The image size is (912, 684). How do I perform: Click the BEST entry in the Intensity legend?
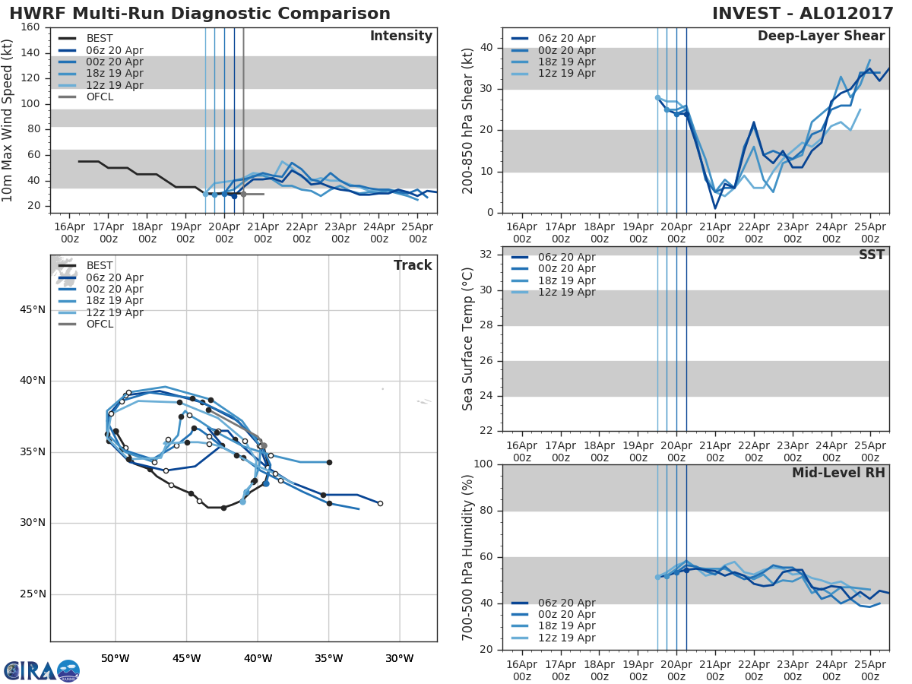(x=100, y=38)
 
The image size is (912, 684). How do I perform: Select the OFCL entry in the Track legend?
(x=100, y=325)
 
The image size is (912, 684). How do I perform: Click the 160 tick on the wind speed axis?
(x=31, y=27)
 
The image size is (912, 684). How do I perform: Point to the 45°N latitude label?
(x=32, y=309)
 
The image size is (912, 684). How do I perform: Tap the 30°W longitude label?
(x=400, y=658)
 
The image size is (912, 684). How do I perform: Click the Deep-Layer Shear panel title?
(x=821, y=36)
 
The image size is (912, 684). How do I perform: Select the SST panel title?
(x=871, y=255)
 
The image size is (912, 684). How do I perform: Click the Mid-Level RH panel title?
(x=838, y=473)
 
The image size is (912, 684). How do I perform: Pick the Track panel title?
(x=413, y=265)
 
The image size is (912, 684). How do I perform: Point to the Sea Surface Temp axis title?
(x=468, y=339)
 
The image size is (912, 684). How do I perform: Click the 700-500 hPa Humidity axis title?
(x=468, y=556)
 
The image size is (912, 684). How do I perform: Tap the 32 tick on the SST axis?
(x=487, y=255)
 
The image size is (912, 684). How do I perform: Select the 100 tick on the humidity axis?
(x=484, y=464)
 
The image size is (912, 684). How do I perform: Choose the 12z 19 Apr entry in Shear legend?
(x=567, y=74)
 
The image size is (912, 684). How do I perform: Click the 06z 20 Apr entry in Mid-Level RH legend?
(x=567, y=603)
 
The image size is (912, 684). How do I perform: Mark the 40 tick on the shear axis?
(x=487, y=48)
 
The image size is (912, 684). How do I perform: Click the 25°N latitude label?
(x=32, y=594)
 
